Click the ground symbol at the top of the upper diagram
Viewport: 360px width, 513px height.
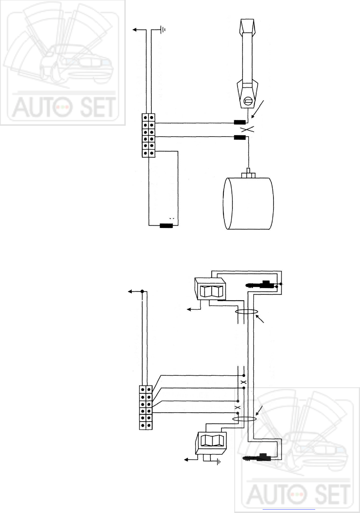coord(163,30)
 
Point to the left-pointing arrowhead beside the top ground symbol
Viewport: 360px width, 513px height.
coord(135,30)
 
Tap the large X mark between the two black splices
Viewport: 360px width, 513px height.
coord(248,129)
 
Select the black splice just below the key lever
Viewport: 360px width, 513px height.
coord(240,122)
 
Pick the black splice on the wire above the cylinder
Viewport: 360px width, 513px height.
coord(240,137)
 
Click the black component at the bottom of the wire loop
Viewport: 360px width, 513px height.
coord(166,226)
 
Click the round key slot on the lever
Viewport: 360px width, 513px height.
coord(248,100)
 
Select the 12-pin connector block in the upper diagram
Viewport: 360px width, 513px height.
coord(148,135)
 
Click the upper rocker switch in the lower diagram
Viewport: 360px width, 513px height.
coord(210,289)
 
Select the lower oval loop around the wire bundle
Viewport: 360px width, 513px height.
coord(244,419)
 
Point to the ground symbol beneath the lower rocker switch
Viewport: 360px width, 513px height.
coord(218,462)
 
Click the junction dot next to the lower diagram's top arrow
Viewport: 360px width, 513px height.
coord(142,291)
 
